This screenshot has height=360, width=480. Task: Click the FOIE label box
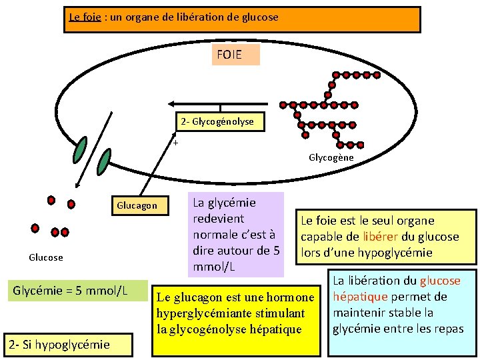(x=237, y=55)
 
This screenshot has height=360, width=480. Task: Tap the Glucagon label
(x=137, y=205)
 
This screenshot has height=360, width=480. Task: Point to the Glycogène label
(x=331, y=158)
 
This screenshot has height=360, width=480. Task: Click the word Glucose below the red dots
(x=46, y=257)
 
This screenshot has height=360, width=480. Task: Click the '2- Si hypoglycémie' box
(x=59, y=345)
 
